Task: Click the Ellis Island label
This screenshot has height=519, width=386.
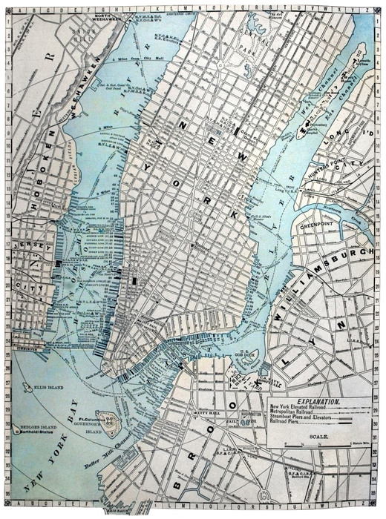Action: [50, 388]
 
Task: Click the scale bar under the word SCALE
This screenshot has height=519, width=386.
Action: [324, 446]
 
